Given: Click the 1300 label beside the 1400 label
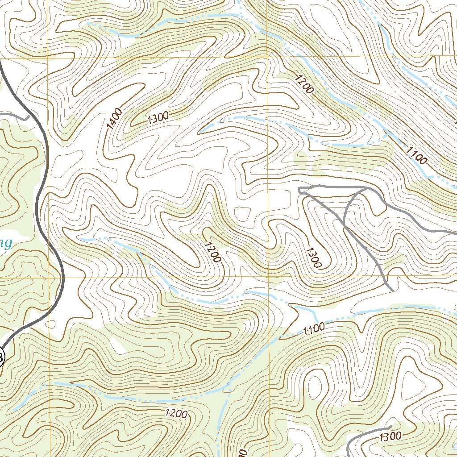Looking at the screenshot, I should point(158,117).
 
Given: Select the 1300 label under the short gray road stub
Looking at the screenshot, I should point(390,436).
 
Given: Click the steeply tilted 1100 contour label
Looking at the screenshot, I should point(416,155).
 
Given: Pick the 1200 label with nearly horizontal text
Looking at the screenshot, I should point(176,414).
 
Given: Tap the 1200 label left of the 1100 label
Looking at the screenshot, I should point(303,83).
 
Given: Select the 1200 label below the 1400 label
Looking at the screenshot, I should point(212,252).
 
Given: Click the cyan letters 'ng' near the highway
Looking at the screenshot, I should point(5,243).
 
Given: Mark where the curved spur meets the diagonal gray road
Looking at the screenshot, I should point(345,227).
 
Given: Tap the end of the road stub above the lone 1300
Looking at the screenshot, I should point(391,427).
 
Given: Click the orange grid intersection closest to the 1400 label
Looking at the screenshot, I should point(48,58).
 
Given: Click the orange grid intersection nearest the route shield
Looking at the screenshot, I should point(48,277).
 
